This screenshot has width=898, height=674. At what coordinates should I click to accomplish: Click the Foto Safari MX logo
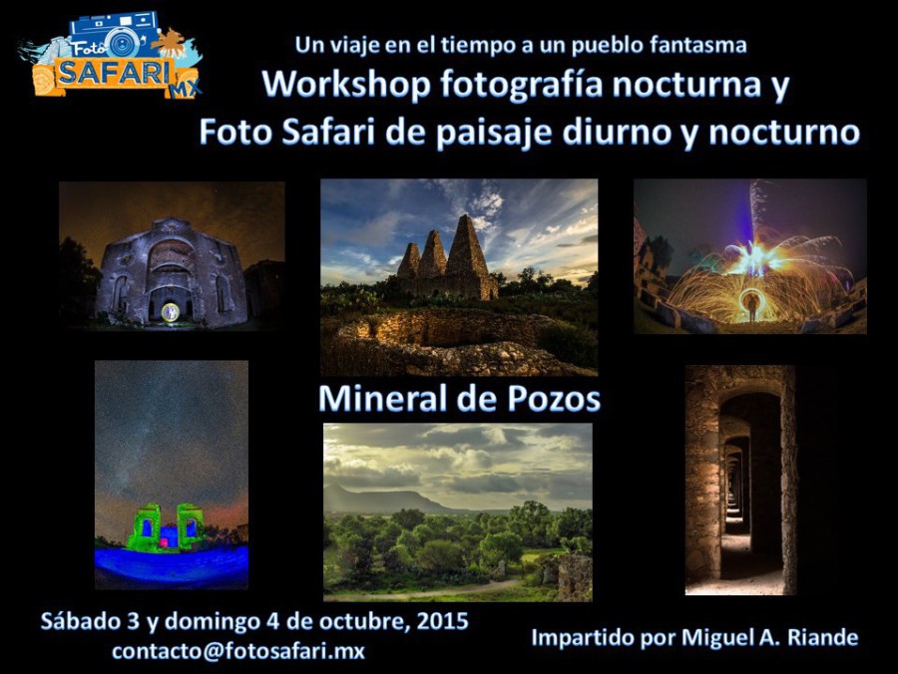[x=111, y=55]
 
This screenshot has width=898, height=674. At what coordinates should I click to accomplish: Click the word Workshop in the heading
[x=346, y=84]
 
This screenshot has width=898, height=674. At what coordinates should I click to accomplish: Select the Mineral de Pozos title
[x=459, y=398]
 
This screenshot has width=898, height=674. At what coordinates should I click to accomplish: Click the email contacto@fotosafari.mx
[x=238, y=651]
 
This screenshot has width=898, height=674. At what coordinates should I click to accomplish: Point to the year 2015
[x=443, y=621]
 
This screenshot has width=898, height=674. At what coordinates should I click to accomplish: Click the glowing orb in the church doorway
[x=170, y=312]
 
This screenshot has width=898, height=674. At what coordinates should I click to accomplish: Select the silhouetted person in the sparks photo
[x=750, y=306]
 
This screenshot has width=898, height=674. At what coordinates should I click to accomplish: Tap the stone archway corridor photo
[x=740, y=480]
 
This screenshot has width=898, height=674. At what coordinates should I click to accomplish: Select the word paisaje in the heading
[x=494, y=133]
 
